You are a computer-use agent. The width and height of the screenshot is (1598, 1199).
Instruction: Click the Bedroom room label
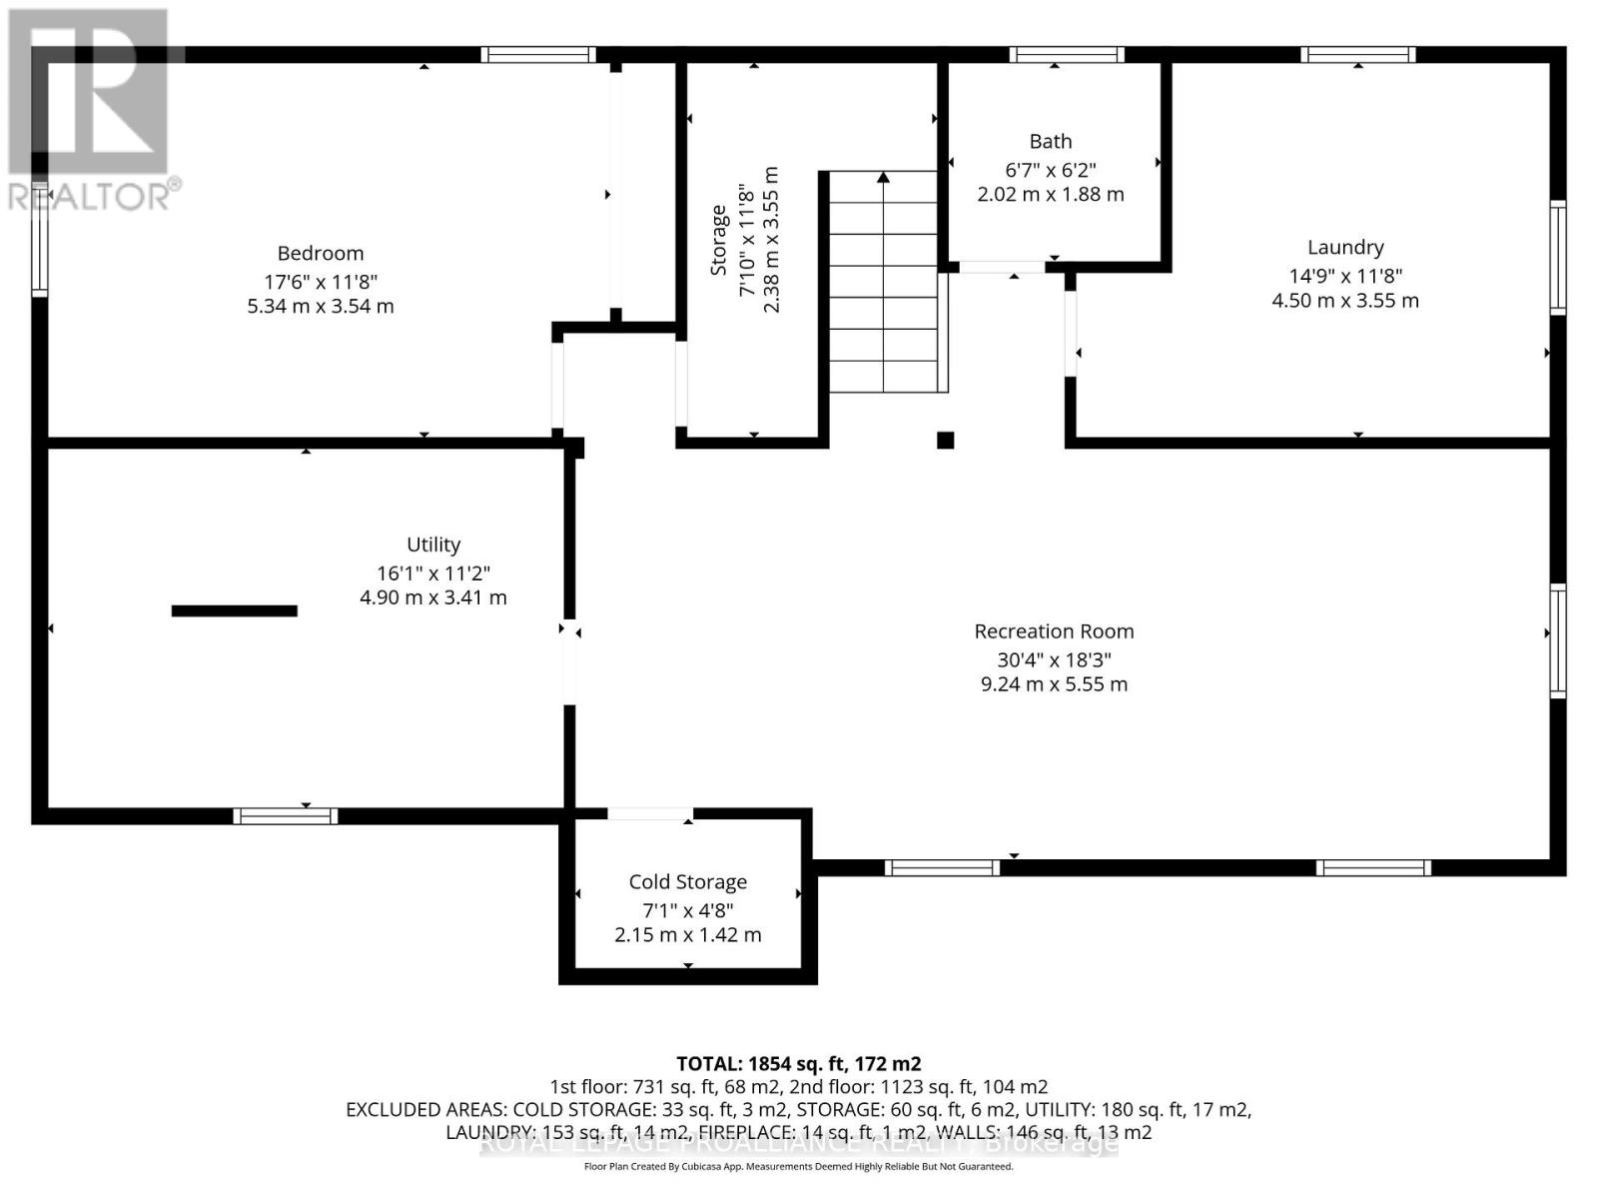(x=320, y=254)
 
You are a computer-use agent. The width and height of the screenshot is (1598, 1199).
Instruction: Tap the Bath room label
(x=1051, y=142)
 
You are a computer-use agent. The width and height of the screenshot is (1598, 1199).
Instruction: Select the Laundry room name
(x=1345, y=248)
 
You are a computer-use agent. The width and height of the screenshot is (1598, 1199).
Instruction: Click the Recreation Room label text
(x=1054, y=631)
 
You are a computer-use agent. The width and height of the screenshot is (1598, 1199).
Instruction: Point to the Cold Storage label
(x=687, y=882)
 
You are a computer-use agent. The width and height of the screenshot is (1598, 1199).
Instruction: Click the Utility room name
(x=433, y=545)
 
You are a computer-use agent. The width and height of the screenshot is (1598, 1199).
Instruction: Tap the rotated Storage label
(x=718, y=240)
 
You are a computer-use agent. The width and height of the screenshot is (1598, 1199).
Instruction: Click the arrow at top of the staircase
(x=883, y=178)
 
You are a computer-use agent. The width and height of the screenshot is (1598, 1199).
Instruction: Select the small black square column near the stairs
(x=945, y=440)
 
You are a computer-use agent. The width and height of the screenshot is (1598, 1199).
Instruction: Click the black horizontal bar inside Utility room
(x=235, y=610)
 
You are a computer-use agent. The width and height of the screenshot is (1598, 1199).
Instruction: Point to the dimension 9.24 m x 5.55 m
(x=1054, y=684)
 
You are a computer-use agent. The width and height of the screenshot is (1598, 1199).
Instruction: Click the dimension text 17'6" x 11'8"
(x=320, y=282)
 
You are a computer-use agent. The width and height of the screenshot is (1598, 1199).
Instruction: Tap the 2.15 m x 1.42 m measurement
(x=687, y=935)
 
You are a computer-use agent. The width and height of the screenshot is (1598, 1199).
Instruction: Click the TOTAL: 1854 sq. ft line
(x=798, y=1064)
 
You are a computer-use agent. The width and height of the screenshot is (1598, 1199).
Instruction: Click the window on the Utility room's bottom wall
(x=286, y=816)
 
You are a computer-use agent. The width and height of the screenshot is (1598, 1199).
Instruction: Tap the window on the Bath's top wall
(x=1066, y=55)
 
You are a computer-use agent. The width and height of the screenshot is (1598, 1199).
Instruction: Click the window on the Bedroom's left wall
(x=40, y=240)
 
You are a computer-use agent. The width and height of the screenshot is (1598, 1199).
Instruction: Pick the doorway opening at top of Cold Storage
(x=649, y=814)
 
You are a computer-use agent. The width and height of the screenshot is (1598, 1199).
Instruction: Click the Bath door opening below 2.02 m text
(x=1002, y=267)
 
